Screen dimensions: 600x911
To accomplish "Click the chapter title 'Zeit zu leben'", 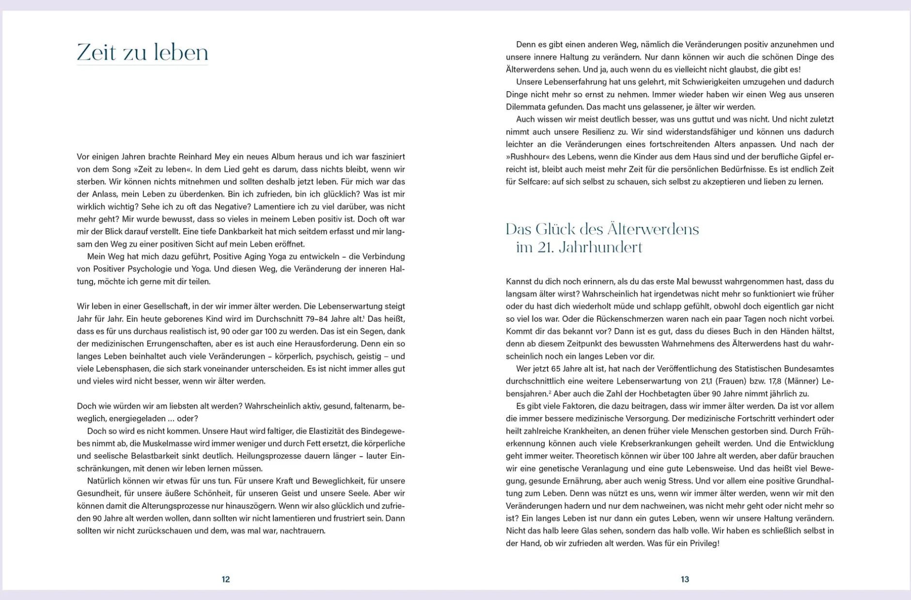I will click(142, 52).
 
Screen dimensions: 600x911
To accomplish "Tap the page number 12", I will click(226, 579).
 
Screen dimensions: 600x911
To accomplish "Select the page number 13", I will click(685, 579).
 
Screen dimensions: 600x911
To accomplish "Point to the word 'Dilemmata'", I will click(525, 107).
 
